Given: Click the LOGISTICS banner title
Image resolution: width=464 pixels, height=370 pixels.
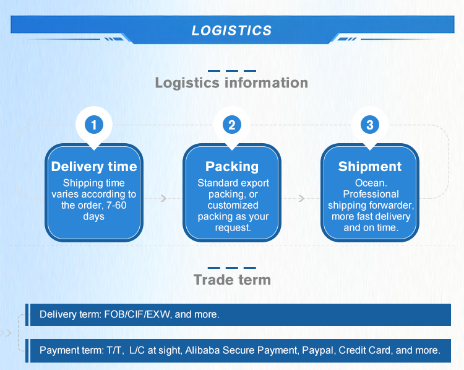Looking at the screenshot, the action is coord(231,30).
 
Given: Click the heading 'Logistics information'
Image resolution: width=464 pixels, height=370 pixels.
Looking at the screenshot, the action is coord(231,82).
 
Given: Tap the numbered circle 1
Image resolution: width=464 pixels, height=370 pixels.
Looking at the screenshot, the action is coord(94,125).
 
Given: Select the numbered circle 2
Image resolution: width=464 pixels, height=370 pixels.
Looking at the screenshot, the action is coord(232,125).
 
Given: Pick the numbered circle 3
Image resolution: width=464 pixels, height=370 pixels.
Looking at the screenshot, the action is coord(369,125).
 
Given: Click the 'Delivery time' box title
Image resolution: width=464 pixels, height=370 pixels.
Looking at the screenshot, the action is coord(94,167).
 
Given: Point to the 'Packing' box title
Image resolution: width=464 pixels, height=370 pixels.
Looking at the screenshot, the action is coord(232,167).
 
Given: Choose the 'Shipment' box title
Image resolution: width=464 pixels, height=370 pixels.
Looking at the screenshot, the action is coord(370,167).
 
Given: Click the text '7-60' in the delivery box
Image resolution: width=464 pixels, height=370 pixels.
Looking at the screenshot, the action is coord(116,205).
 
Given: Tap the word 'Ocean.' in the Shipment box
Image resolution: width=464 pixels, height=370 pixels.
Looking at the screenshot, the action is coord(371,183).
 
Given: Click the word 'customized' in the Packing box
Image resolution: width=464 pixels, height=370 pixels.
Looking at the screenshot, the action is coord(233,205).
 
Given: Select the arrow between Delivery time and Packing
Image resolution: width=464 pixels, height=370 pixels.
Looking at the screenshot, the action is coord(164,198).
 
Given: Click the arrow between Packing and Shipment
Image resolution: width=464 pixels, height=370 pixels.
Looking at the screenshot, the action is coord(301,198).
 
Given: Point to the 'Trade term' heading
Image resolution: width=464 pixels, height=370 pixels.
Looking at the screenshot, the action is coord(232,280).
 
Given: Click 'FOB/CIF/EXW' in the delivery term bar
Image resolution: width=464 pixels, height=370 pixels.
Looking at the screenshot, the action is coord(137,314).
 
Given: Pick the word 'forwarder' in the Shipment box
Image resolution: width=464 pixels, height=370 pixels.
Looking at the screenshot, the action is coord(392,205).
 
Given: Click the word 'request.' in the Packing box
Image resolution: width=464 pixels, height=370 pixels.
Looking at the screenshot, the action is coord(233,227).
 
